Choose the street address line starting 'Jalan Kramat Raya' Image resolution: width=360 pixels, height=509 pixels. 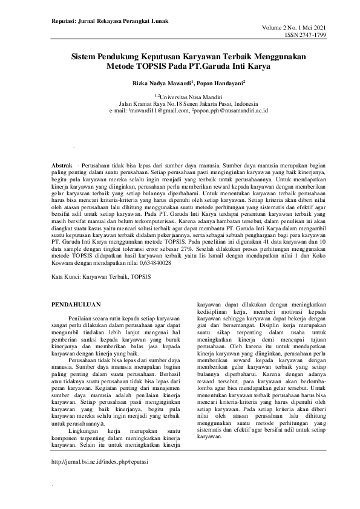[x=180, y=103]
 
